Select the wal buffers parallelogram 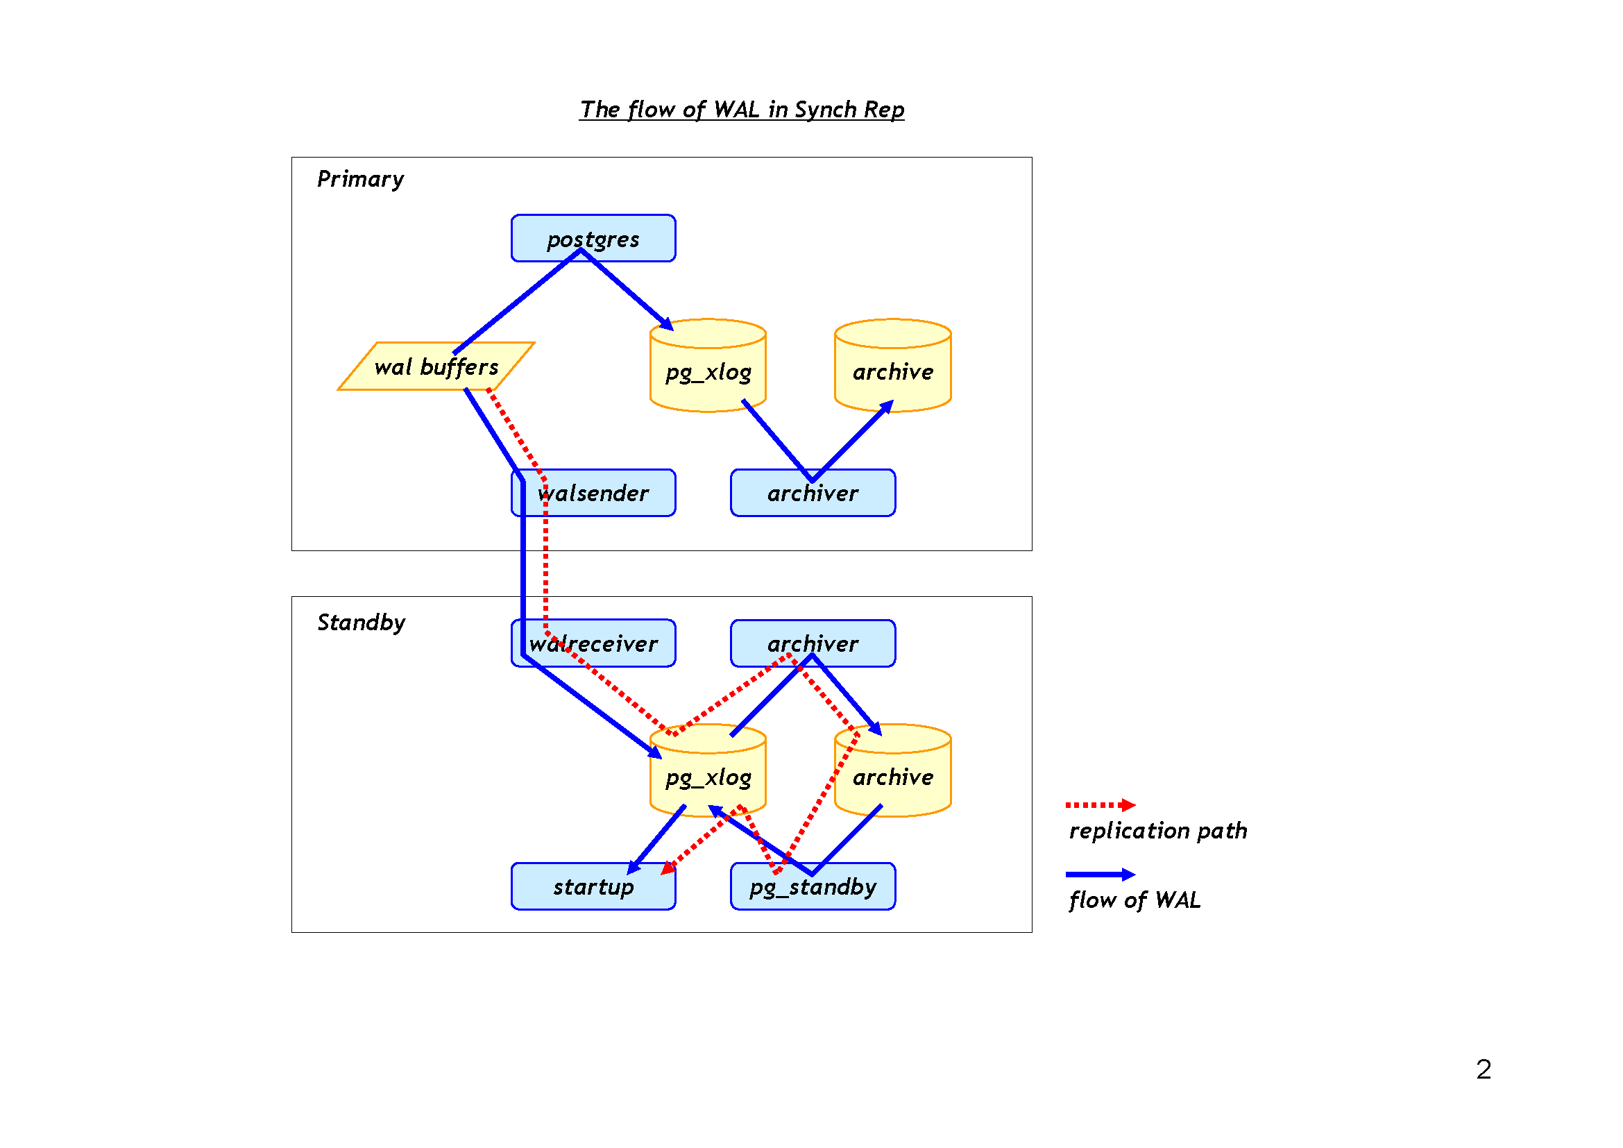click(436, 366)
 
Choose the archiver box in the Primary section click(813, 493)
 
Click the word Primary click(361, 179)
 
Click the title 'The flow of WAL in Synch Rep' click(742, 110)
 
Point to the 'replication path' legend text click(1158, 831)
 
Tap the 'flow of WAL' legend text click(1134, 900)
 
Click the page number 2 click(1483, 1069)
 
